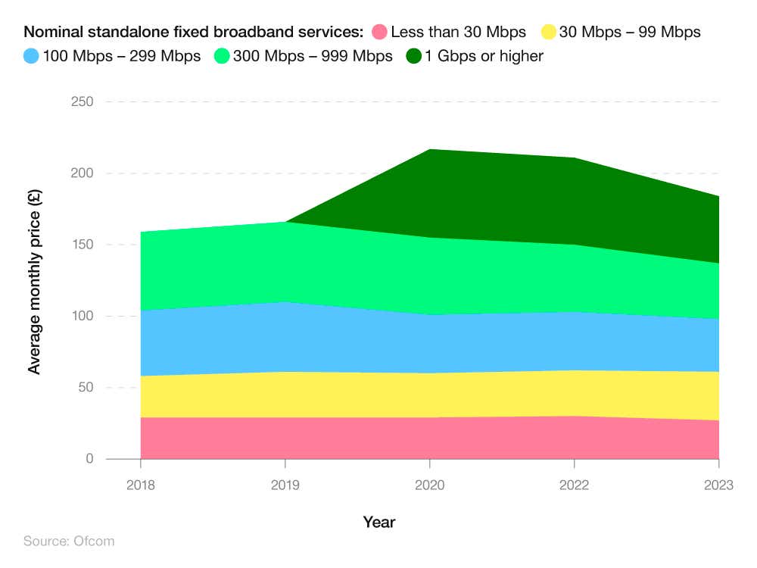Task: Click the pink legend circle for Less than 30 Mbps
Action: coord(379,32)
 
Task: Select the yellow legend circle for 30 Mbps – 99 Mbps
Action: coord(548,32)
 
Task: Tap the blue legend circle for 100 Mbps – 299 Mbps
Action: coord(32,56)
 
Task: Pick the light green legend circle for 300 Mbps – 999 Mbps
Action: coord(222,56)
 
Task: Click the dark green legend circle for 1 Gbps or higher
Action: coord(414,56)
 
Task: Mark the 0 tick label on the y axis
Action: coord(89,459)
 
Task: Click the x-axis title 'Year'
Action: coord(378,522)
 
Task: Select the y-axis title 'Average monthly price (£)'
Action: coord(34,280)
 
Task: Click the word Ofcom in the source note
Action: coord(94,541)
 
